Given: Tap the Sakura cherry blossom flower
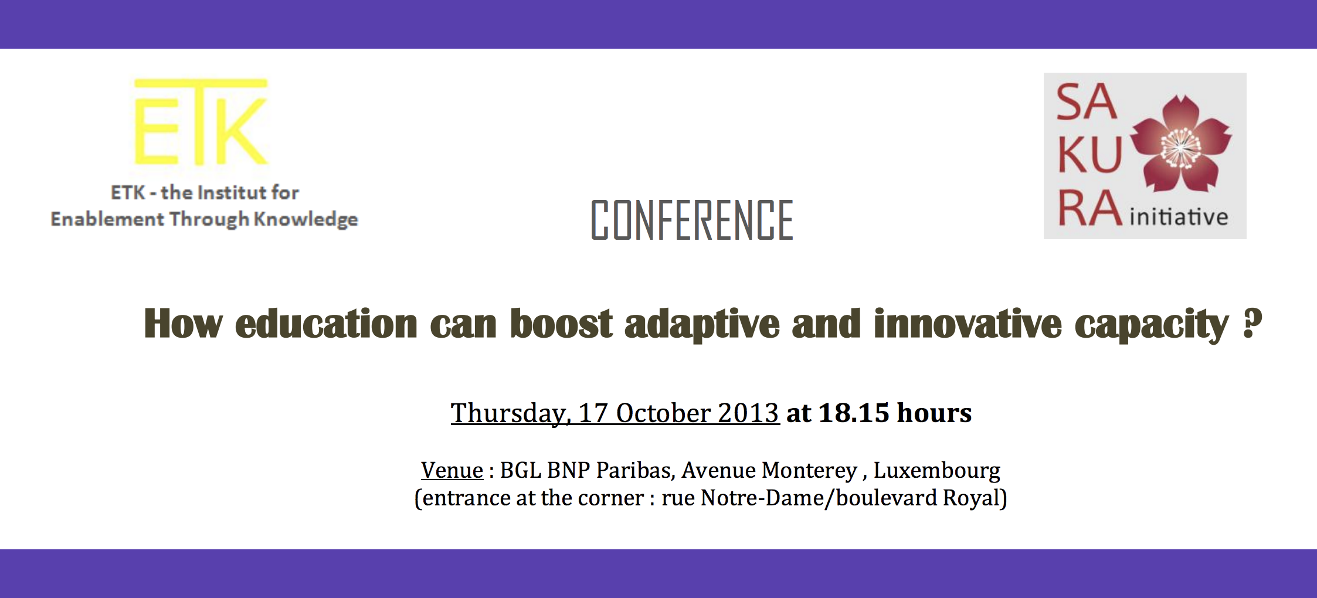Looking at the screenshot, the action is pos(1180,144).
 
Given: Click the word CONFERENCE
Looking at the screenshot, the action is pos(692,220).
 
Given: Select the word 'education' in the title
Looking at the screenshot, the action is pos(326,324).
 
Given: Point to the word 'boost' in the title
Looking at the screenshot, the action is pos(561,324).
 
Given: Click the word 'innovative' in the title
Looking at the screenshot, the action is pos(968,324).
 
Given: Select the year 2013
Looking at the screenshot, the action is pos(748,413).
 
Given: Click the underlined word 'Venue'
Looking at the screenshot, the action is pos(452,470).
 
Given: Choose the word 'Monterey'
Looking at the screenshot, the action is pos(809,471).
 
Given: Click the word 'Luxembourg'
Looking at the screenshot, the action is pos(937,471).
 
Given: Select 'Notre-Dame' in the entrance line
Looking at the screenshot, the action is pos(762,498).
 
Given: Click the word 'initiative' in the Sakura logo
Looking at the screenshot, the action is pos(1179,217).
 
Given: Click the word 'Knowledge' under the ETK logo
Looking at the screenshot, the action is pos(306,220).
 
